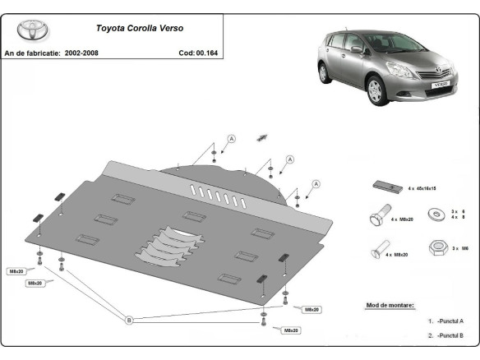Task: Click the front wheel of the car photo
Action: [x=413, y=86]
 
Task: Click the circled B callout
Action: [x=128, y=320]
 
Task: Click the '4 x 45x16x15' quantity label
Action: [x=422, y=189]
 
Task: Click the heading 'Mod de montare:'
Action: [x=390, y=305]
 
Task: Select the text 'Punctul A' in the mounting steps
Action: [x=452, y=321]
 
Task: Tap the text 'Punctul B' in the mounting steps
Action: [x=452, y=335]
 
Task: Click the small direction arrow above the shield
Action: [x=263, y=136]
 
